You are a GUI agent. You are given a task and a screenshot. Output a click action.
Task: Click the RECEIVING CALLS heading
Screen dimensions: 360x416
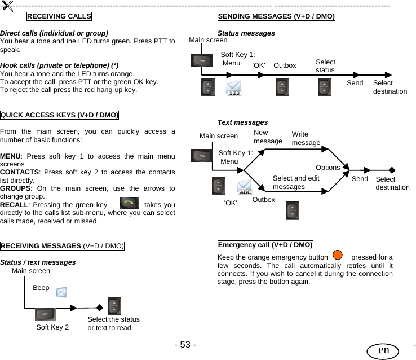point(59,16)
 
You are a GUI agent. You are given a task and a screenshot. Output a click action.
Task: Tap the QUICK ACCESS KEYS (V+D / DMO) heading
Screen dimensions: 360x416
point(60,116)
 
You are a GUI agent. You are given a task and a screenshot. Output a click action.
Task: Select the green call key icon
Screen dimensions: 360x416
point(129,204)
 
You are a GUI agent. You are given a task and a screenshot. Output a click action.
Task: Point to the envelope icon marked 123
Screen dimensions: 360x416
point(234,89)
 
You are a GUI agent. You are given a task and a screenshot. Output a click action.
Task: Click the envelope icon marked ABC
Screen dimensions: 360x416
point(245,188)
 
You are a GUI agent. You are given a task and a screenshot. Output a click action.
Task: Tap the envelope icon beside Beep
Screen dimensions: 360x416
point(61,292)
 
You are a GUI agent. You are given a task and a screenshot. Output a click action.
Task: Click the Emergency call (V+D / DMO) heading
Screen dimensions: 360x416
point(265,245)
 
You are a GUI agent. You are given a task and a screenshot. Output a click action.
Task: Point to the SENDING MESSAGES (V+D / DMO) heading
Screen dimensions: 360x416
point(276,16)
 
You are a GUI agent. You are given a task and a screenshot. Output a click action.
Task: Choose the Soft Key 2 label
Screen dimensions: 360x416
point(52,327)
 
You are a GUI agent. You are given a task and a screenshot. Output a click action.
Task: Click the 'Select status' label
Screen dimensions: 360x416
point(325,66)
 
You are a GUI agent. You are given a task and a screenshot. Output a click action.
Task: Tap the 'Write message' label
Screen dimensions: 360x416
point(306,139)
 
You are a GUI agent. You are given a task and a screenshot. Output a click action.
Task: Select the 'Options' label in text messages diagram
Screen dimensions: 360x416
point(328,168)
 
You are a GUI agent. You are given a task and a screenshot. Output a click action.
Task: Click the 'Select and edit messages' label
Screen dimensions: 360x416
point(296,182)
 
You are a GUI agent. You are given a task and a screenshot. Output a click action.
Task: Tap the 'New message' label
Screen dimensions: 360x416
point(268,137)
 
